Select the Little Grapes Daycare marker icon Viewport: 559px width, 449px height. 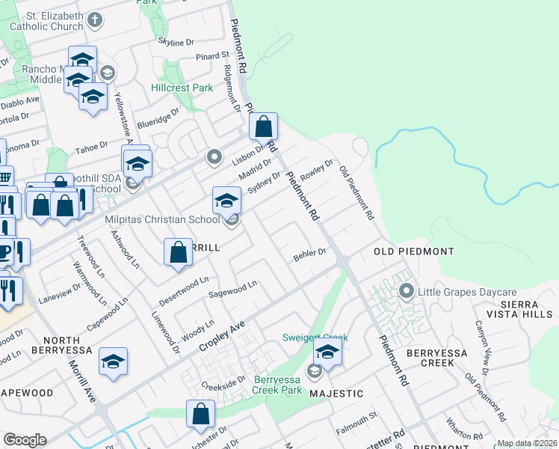point(407,290)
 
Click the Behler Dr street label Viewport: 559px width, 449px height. point(309,254)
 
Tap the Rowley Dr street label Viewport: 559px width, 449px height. point(316,172)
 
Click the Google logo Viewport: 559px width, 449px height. point(25,440)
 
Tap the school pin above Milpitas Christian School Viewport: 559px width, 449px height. point(227,200)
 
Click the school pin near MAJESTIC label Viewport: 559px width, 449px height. point(327,352)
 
